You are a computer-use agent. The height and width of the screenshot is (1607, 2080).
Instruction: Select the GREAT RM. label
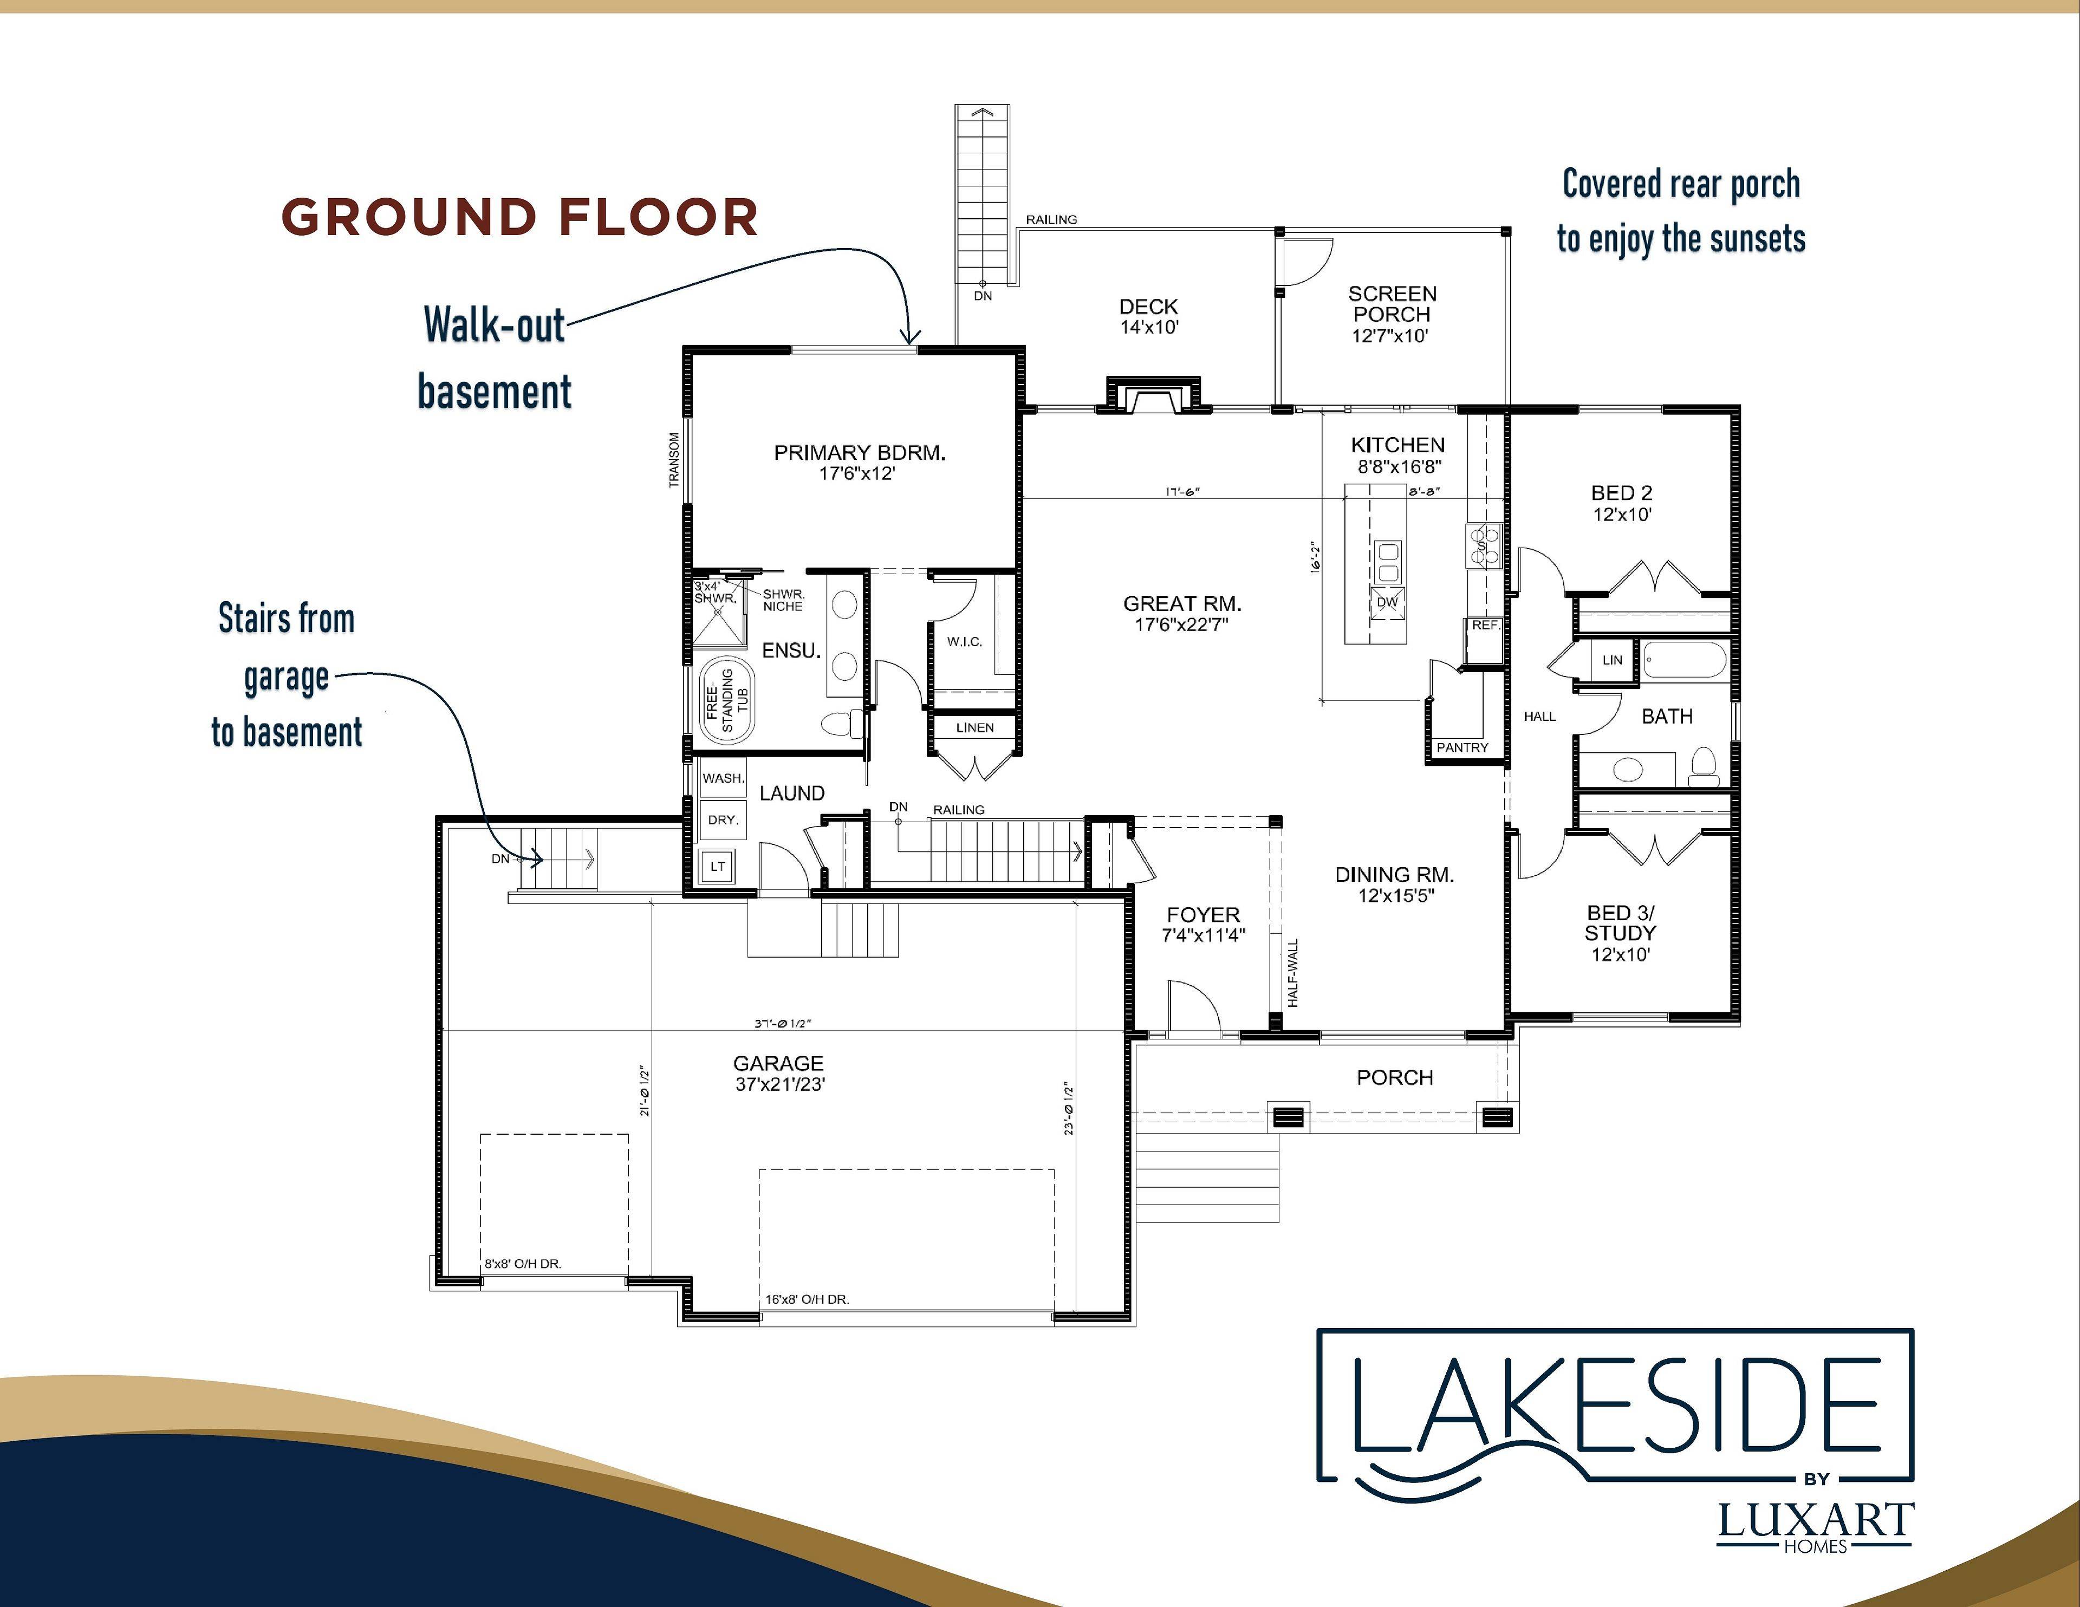[1182, 604]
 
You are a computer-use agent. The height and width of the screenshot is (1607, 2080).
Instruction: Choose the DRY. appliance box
[723, 820]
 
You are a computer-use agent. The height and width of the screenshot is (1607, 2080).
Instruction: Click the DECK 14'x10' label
[1148, 316]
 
